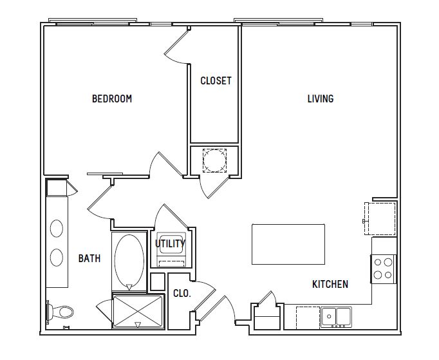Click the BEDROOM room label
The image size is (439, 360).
pyautogui.click(x=112, y=99)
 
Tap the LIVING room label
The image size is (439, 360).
pyautogui.click(x=321, y=99)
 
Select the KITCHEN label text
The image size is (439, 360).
pyautogui.click(x=330, y=284)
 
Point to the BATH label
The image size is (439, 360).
pyautogui.click(x=89, y=258)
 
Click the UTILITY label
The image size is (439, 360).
pyautogui.click(x=170, y=243)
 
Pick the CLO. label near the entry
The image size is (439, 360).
pyautogui.click(x=182, y=293)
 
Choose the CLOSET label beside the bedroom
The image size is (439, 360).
pyautogui.click(x=216, y=81)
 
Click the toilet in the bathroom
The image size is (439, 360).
pyautogui.click(x=60, y=312)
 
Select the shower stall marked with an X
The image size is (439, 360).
pyautogui.click(x=138, y=311)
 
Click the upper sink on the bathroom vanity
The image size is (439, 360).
pyautogui.click(x=57, y=229)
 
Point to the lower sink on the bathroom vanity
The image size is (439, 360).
pyautogui.click(x=57, y=258)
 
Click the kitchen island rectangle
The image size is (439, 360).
pyautogui.click(x=288, y=244)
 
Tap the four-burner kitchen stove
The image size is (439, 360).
pyautogui.click(x=383, y=269)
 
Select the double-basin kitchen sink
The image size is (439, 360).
pyautogui.click(x=336, y=317)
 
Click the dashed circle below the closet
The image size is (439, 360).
pyautogui.click(x=214, y=160)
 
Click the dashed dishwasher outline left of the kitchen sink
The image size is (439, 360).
pyautogui.click(x=308, y=317)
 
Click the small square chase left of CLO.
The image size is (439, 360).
pyautogui.click(x=158, y=282)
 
